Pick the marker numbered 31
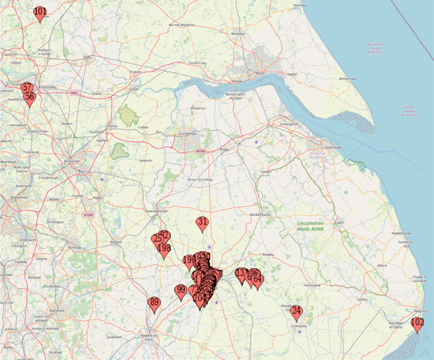[x=202, y=224]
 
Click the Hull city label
[x=259, y=73]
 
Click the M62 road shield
[x=74, y=93]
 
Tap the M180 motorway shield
[x=201, y=151]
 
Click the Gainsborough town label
[x=156, y=211]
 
